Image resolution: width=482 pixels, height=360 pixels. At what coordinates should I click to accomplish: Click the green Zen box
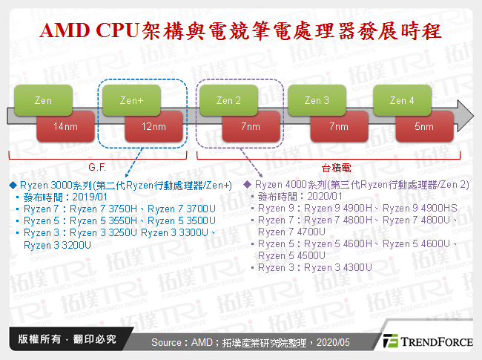click(x=42, y=100)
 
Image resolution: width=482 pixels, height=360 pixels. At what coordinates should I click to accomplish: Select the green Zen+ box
click(x=131, y=100)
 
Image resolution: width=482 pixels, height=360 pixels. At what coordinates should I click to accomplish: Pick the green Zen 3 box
click(x=317, y=100)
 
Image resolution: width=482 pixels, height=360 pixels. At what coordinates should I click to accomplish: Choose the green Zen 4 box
click(x=402, y=100)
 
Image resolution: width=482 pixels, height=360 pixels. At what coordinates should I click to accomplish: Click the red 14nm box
click(x=66, y=127)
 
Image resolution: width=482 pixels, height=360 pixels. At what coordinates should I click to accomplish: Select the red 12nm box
click(x=155, y=127)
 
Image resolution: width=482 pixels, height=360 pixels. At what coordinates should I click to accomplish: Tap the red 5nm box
click(x=424, y=127)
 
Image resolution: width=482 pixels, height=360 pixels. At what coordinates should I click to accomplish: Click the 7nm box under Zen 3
click(x=338, y=127)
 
